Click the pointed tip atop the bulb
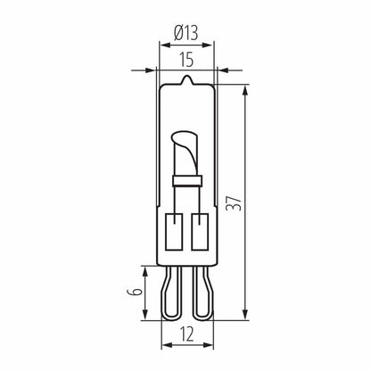[187, 80]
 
